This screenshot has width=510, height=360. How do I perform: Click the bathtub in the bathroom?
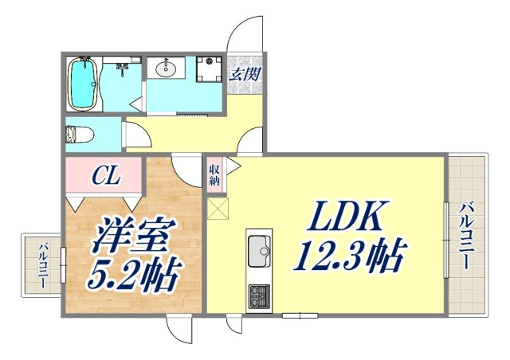pos(83,84)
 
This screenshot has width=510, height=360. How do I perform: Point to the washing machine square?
pos(208,69)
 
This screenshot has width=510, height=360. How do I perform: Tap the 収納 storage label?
pos(215,174)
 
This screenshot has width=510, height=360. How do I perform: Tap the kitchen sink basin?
pos(259,252)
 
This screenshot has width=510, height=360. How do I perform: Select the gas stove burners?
pos(260,296)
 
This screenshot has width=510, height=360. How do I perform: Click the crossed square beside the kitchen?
pos(218,209)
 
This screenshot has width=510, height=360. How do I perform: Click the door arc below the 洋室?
pos(178,328)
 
